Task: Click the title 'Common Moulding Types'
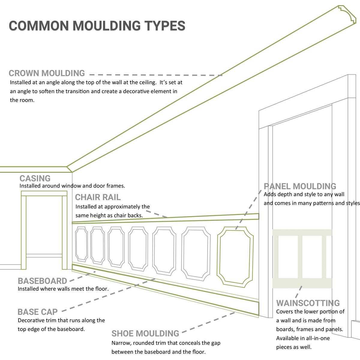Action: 97,26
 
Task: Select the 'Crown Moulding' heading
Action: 47,73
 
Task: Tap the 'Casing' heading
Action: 35,178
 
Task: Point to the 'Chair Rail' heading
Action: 98,197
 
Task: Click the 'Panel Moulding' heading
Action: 300,186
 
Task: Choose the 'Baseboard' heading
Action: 42,281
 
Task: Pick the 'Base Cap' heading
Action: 37,312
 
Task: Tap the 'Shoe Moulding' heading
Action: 145,334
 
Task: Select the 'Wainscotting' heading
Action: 308,303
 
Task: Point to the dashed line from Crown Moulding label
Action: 156,75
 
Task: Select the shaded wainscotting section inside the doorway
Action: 302,258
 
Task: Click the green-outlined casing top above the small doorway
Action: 44,193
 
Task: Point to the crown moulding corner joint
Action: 69,169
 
